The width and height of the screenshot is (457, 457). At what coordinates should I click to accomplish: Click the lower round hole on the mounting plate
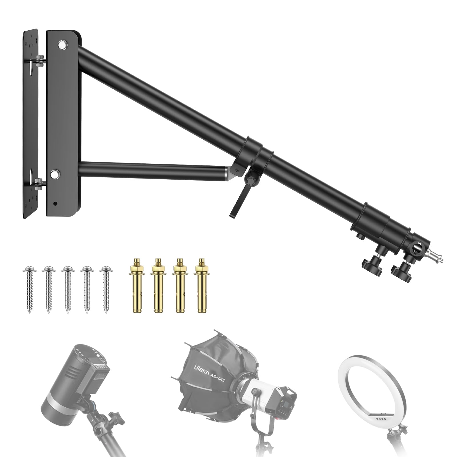pos(54,173)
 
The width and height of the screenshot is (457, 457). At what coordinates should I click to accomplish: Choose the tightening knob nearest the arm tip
pos(402,270)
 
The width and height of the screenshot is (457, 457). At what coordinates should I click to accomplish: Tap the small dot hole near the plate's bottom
pos(55,204)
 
